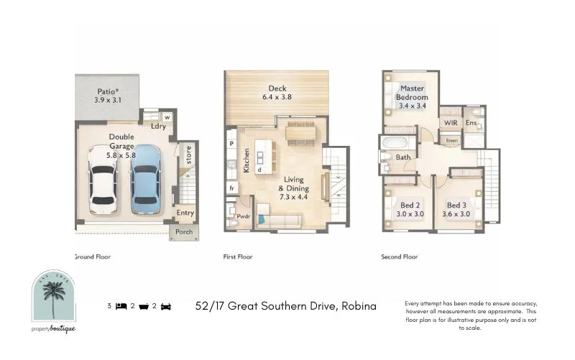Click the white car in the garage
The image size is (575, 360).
click(103, 183)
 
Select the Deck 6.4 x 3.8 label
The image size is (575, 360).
click(277, 93)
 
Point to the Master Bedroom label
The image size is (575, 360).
click(413, 97)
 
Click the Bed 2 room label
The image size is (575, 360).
click(410, 209)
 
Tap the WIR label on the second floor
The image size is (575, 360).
click(451, 123)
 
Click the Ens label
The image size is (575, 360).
click(471, 123)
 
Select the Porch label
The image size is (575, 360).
click(184, 232)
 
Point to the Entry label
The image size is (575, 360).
click(185, 213)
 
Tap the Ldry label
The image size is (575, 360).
click(158, 126)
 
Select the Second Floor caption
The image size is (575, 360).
click(400, 257)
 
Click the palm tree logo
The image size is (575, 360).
click(54, 296)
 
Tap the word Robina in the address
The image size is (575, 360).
click(359, 305)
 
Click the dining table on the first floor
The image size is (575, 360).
click(300, 131)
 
